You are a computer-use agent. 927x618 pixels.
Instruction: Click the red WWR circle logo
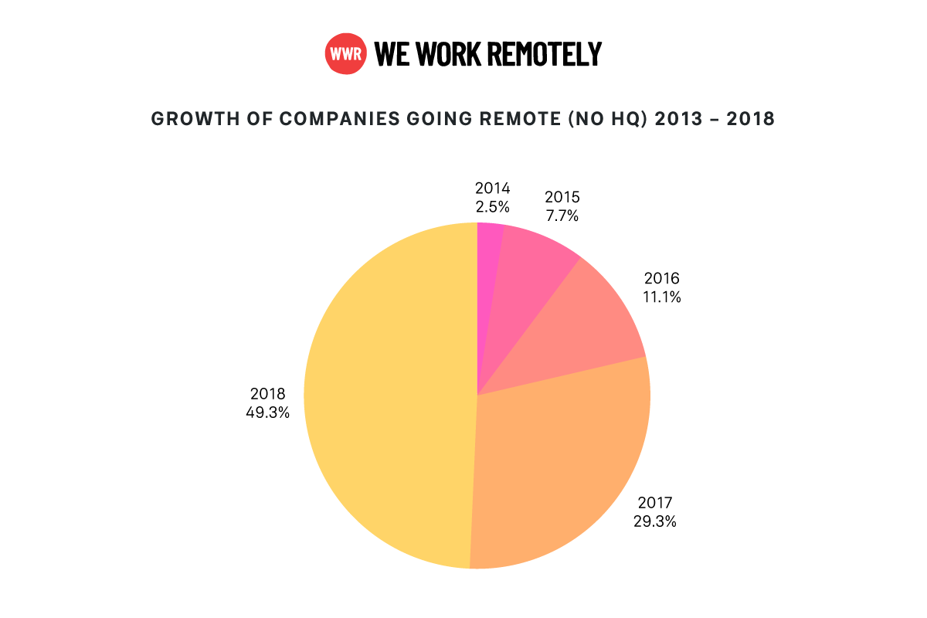345,54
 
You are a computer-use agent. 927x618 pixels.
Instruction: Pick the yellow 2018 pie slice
386,402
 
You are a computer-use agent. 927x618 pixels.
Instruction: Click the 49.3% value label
267,413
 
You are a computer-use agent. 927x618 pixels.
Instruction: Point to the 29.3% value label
654,521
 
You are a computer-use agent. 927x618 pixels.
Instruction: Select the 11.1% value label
661,296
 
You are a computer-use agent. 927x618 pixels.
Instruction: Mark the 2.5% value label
492,205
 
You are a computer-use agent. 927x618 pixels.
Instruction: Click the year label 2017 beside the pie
654,504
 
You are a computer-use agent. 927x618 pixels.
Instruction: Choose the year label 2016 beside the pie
661,278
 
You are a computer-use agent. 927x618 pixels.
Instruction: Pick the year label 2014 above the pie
492,188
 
